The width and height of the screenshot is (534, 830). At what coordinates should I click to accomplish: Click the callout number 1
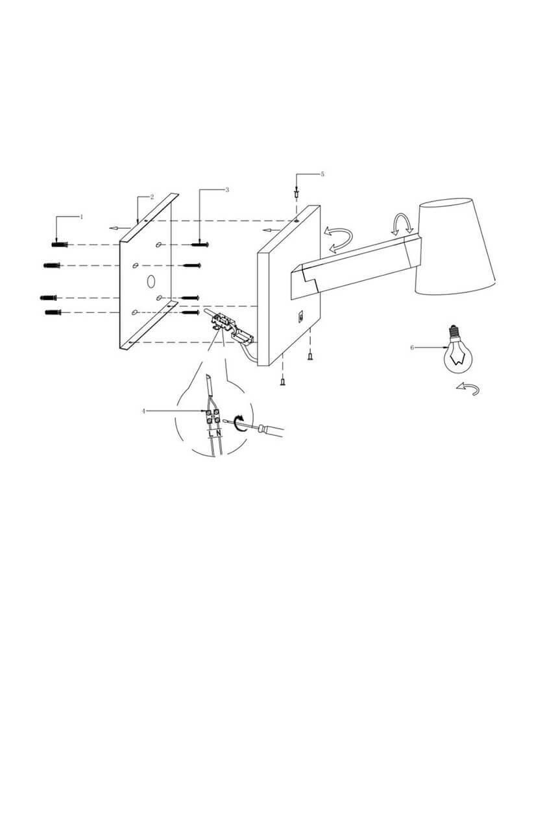point(82,217)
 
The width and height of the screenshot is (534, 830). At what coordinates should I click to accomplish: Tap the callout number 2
point(152,196)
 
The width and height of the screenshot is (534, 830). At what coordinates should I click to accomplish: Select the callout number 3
point(227,190)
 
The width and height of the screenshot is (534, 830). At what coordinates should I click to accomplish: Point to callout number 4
point(143,411)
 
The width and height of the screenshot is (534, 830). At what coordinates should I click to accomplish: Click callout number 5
point(322,174)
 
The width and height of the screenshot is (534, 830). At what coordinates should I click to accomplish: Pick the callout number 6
point(412,348)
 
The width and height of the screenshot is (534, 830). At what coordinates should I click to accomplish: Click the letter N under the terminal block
point(219,433)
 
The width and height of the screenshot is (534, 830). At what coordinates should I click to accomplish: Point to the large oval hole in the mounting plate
point(151,281)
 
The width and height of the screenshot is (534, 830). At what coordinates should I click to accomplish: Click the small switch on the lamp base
point(300,316)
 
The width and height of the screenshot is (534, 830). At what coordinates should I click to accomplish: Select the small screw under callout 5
point(297,193)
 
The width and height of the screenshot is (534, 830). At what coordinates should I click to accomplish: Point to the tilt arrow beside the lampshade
point(400,224)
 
